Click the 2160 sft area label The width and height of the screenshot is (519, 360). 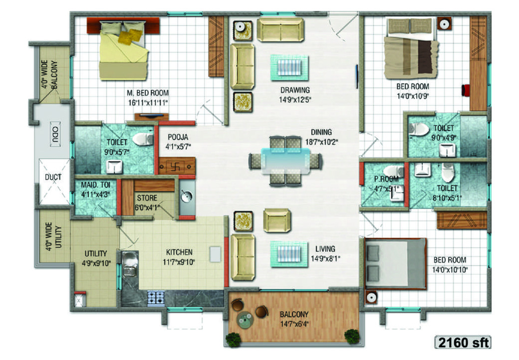click(x=463, y=343)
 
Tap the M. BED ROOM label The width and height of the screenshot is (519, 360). click(x=148, y=93)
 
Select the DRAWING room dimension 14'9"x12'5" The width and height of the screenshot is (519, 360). click(x=295, y=100)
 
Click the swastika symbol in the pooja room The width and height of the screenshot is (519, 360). click(x=175, y=167)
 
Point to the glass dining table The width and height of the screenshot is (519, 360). click(x=285, y=161)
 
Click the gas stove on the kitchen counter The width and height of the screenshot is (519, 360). click(x=156, y=299)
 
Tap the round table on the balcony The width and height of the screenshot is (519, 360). click(x=245, y=319)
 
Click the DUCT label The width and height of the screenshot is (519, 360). click(x=53, y=177)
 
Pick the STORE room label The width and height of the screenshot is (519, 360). click(x=147, y=198)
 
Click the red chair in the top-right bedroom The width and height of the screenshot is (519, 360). click(x=466, y=90)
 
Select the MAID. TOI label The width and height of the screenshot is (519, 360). click(x=95, y=185)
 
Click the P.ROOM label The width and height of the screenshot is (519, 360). click(x=386, y=179)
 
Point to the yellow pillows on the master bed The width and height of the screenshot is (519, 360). click(x=130, y=36)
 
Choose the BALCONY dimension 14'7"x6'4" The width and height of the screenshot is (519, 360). click(x=294, y=324)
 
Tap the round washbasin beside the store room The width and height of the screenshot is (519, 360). click(x=187, y=196)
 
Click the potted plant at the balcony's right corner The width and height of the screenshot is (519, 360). click(x=351, y=336)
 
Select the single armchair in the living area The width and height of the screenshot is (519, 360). click(x=277, y=220)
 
